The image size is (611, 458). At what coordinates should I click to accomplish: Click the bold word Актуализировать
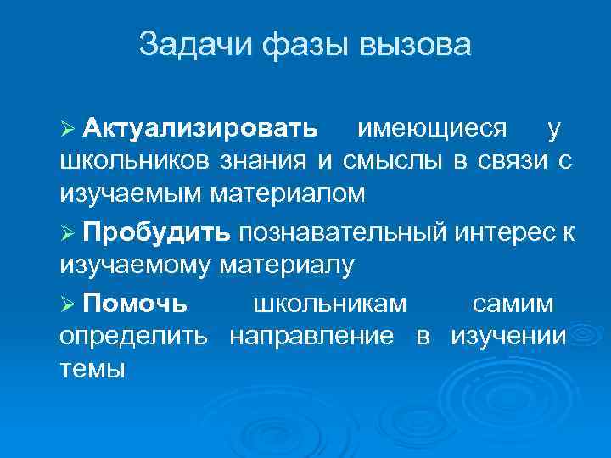point(201,129)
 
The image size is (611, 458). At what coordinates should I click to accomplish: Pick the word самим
point(513,303)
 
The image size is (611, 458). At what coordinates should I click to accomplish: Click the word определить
point(133,336)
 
